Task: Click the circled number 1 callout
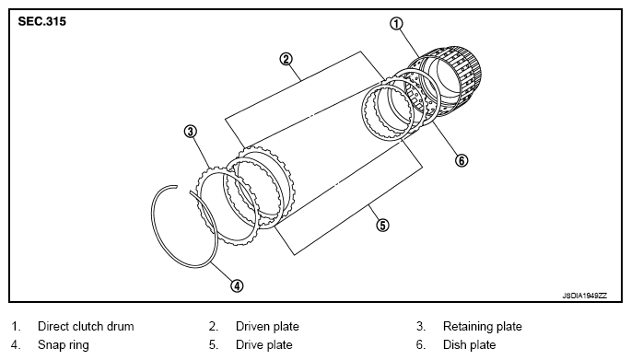tap(396, 24)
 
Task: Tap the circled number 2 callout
tap(286, 60)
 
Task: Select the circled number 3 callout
tap(191, 131)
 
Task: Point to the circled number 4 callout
tap(237, 285)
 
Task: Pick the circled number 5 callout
tap(382, 225)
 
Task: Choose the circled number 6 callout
tap(462, 160)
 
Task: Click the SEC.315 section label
tap(41, 21)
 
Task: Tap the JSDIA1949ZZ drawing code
tap(584, 296)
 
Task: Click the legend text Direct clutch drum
tap(86, 326)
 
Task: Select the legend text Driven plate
tap(267, 326)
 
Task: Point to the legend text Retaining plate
tap(482, 326)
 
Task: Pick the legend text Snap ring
tap(64, 344)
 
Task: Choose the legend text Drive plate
tap(264, 344)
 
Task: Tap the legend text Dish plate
tap(469, 344)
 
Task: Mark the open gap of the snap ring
tap(183, 189)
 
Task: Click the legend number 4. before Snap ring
tap(16, 345)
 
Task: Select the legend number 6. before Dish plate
tap(421, 345)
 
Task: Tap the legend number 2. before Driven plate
tap(214, 327)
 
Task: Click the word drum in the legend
tap(120, 326)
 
